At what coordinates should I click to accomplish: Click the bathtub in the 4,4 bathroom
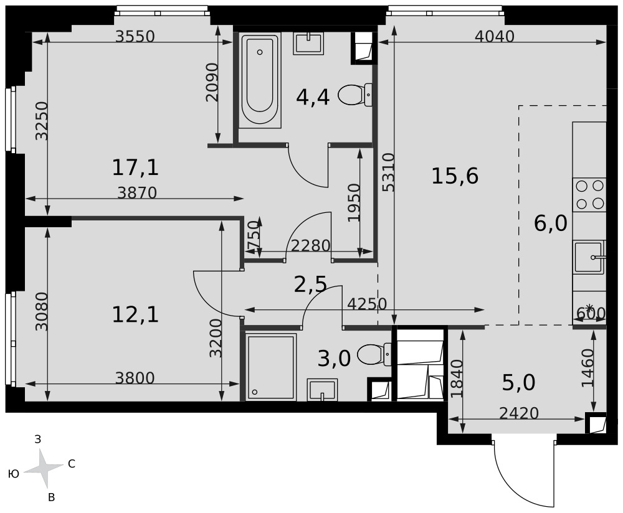pyautogui.click(x=260, y=80)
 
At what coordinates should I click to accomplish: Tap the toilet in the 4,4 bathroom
pyautogui.click(x=355, y=95)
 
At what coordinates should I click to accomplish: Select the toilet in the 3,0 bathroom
pyautogui.click(x=374, y=354)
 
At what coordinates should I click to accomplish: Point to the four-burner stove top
pyautogui.click(x=589, y=195)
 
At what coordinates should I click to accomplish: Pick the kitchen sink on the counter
pyautogui.click(x=589, y=257)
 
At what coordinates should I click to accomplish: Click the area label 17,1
pyautogui.click(x=135, y=167)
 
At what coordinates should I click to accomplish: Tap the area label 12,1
pyautogui.click(x=135, y=315)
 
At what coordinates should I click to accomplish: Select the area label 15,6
pyautogui.click(x=455, y=176)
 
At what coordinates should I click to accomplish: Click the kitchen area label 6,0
pyautogui.click(x=550, y=224)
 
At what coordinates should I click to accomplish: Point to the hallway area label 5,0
pyautogui.click(x=519, y=383)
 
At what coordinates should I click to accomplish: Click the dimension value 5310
pyautogui.click(x=389, y=172)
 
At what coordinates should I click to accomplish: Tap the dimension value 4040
pyautogui.click(x=495, y=37)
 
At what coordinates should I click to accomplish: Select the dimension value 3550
pyautogui.click(x=135, y=37)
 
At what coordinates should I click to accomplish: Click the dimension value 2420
pyautogui.click(x=519, y=413)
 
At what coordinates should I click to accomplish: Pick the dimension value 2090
pyautogui.click(x=212, y=82)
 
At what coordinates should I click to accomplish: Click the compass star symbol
pyautogui.click(x=44, y=469)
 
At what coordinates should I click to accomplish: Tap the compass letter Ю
pyautogui.click(x=14, y=474)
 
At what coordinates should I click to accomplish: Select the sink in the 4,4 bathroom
pyautogui.click(x=309, y=44)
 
